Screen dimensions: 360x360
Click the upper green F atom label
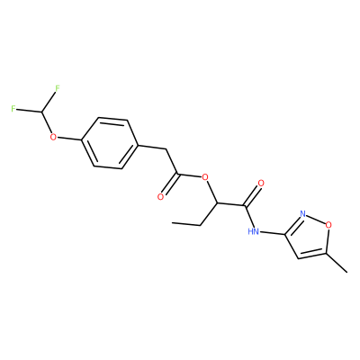(58, 88)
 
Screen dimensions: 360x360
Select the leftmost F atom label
(13, 109)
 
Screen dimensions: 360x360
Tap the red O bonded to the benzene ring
(53, 138)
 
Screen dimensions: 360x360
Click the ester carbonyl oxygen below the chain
(161, 197)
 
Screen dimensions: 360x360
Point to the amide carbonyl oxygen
(261, 183)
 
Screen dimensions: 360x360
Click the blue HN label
(254, 231)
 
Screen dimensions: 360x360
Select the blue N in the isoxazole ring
(302, 214)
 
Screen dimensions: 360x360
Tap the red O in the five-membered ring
(328, 224)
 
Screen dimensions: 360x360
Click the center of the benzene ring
(110, 143)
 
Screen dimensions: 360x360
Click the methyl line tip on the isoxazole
(347, 273)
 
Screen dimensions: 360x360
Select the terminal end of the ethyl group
(172, 222)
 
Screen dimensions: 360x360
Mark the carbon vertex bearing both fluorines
(42, 112)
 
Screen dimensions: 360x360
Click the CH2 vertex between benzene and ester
(166, 149)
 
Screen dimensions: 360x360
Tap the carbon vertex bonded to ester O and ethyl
(217, 202)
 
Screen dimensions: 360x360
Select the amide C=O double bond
(253, 195)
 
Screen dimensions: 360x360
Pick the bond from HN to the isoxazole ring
(272, 232)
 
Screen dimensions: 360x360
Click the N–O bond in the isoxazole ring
(316, 219)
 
